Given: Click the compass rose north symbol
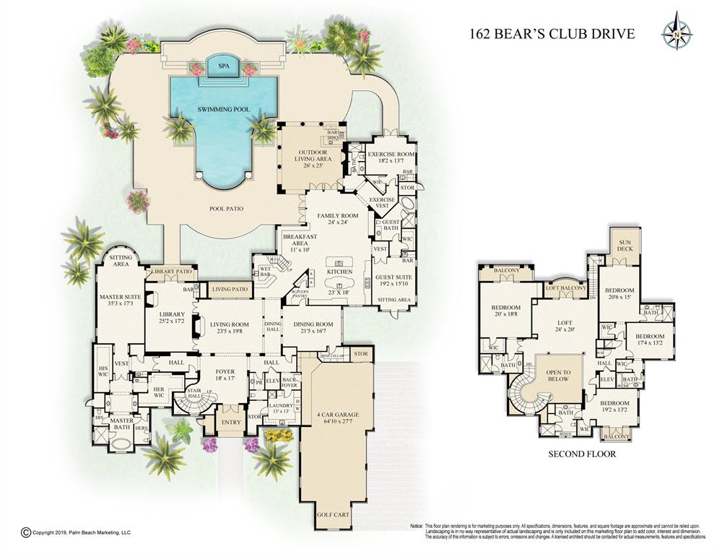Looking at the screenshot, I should coord(677,32).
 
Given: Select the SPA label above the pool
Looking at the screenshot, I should coord(222,66).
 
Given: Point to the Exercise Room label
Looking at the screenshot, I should coord(391,155).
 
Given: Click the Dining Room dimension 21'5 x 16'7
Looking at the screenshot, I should coord(313,332).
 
